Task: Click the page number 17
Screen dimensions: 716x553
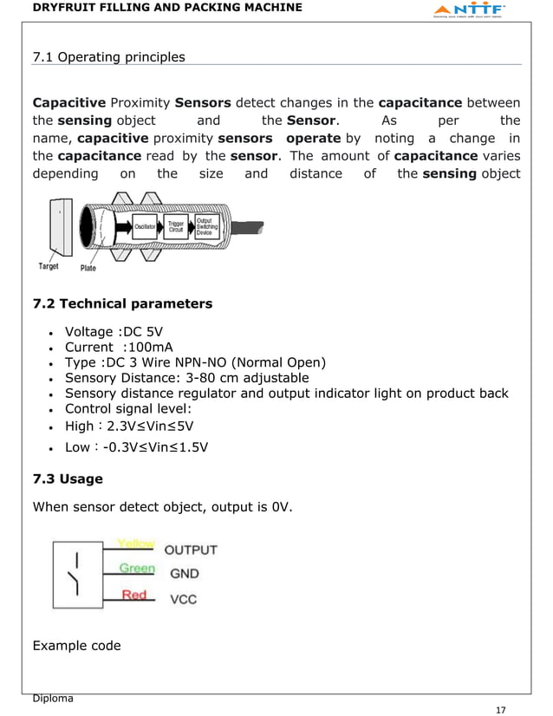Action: (499, 709)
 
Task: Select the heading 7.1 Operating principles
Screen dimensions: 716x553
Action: (108, 57)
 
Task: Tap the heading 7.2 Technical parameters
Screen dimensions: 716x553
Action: (122, 303)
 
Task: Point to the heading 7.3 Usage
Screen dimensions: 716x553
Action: (68, 478)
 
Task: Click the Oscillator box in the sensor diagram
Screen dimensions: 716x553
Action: (146, 227)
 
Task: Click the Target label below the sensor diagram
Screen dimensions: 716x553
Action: (49, 267)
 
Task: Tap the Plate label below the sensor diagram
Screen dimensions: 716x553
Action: (88, 268)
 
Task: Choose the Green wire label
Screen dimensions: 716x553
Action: (137, 569)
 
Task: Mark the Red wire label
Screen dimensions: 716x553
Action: (133, 595)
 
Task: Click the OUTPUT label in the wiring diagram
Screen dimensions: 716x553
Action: (191, 550)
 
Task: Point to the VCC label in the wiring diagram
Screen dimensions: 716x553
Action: (182, 598)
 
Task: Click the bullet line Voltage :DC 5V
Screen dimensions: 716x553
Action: (114, 332)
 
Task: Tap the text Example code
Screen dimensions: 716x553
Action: (76, 646)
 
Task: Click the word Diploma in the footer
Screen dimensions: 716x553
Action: (52, 698)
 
